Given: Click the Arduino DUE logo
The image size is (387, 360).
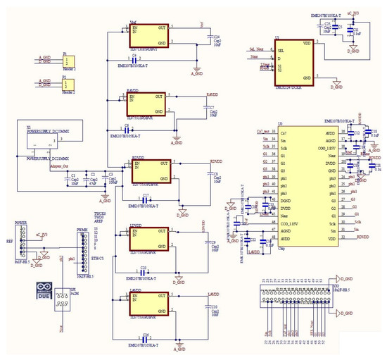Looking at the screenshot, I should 44,292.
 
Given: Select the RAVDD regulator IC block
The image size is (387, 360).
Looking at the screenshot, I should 146,103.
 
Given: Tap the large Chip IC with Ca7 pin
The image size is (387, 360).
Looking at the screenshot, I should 299,187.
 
